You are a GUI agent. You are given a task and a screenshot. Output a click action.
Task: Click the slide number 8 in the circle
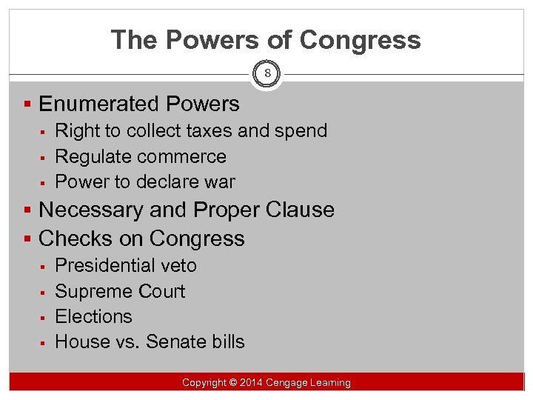pyautogui.click(x=266, y=74)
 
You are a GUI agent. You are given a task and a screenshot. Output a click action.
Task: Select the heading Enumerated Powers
pyautogui.click(x=139, y=104)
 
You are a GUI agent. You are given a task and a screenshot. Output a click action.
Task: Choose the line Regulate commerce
pyautogui.click(x=141, y=156)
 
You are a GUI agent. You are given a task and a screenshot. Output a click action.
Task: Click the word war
pyautogui.click(x=220, y=181)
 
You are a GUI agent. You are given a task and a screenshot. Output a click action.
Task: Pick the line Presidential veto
pyautogui.click(x=126, y=265)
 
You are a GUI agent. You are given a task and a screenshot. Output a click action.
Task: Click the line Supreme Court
pyautogui.click(x=120, y=291)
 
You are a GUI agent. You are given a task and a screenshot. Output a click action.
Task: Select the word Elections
pyautogui.click(x=93, y=316)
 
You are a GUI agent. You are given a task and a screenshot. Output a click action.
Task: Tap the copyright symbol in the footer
pyautogui.click(x=232, y=383)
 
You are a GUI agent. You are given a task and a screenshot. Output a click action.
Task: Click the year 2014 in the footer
pyautogui.click(x=252, y=383)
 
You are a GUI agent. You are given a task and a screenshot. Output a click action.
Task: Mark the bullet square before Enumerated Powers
pyautogui.click(x=28, y=105)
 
